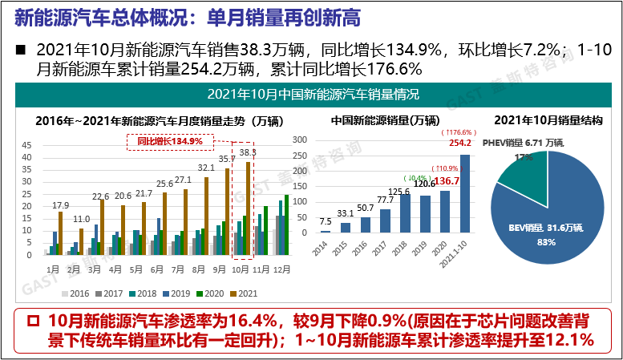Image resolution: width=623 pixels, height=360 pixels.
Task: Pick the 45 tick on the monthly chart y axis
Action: coord(26,145)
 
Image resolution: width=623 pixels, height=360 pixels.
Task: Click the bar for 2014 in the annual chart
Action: coord(325,231)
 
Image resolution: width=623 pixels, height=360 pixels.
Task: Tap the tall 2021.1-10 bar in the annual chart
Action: coord(465,193)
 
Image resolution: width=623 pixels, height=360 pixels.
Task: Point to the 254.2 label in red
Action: coord(459,144)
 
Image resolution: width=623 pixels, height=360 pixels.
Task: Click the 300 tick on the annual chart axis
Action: coord(302,139)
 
